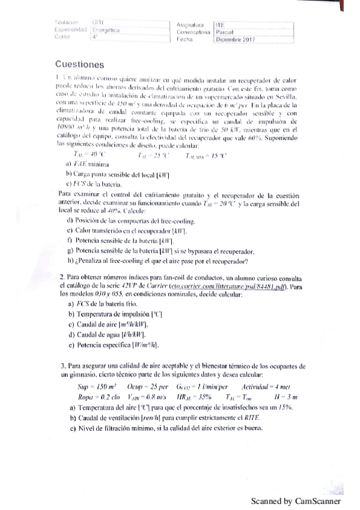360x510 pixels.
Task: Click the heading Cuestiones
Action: pyautogui.click(x=79, y=64)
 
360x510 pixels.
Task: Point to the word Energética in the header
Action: pyautogui.click(x=107, y=29)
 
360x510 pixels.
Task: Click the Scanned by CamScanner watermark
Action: pyautogui.click(x=296, y=501)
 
